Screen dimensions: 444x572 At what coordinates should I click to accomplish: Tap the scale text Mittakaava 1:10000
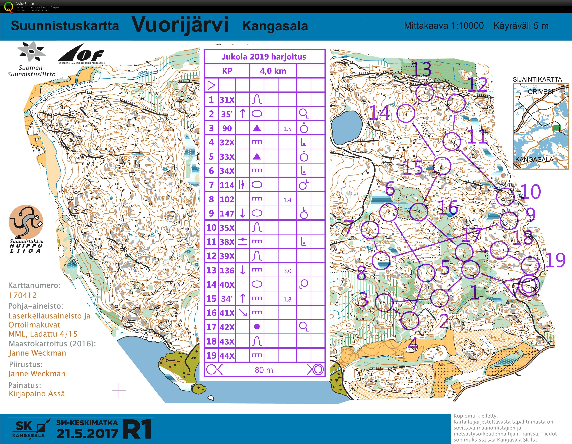(444, 26)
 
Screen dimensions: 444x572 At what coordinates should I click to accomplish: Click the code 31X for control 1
(227, 100)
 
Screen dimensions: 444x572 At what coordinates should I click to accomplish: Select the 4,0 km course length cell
(273, 71)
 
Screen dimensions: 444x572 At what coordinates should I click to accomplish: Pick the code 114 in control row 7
(227, 185)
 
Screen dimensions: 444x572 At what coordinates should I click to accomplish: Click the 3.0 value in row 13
(287, 271)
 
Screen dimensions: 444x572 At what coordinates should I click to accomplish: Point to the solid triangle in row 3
(257, 128)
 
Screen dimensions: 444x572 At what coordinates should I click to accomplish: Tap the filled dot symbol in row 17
(257, 327)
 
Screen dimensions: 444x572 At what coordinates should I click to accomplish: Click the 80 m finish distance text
(264, 370)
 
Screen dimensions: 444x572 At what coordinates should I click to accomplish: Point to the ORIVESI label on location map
(540, 92)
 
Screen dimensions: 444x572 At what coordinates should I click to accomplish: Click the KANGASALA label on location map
(534, 159)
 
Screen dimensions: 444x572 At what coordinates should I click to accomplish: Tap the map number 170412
(22, 295)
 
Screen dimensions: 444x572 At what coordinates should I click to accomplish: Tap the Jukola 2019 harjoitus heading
(264, 57)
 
